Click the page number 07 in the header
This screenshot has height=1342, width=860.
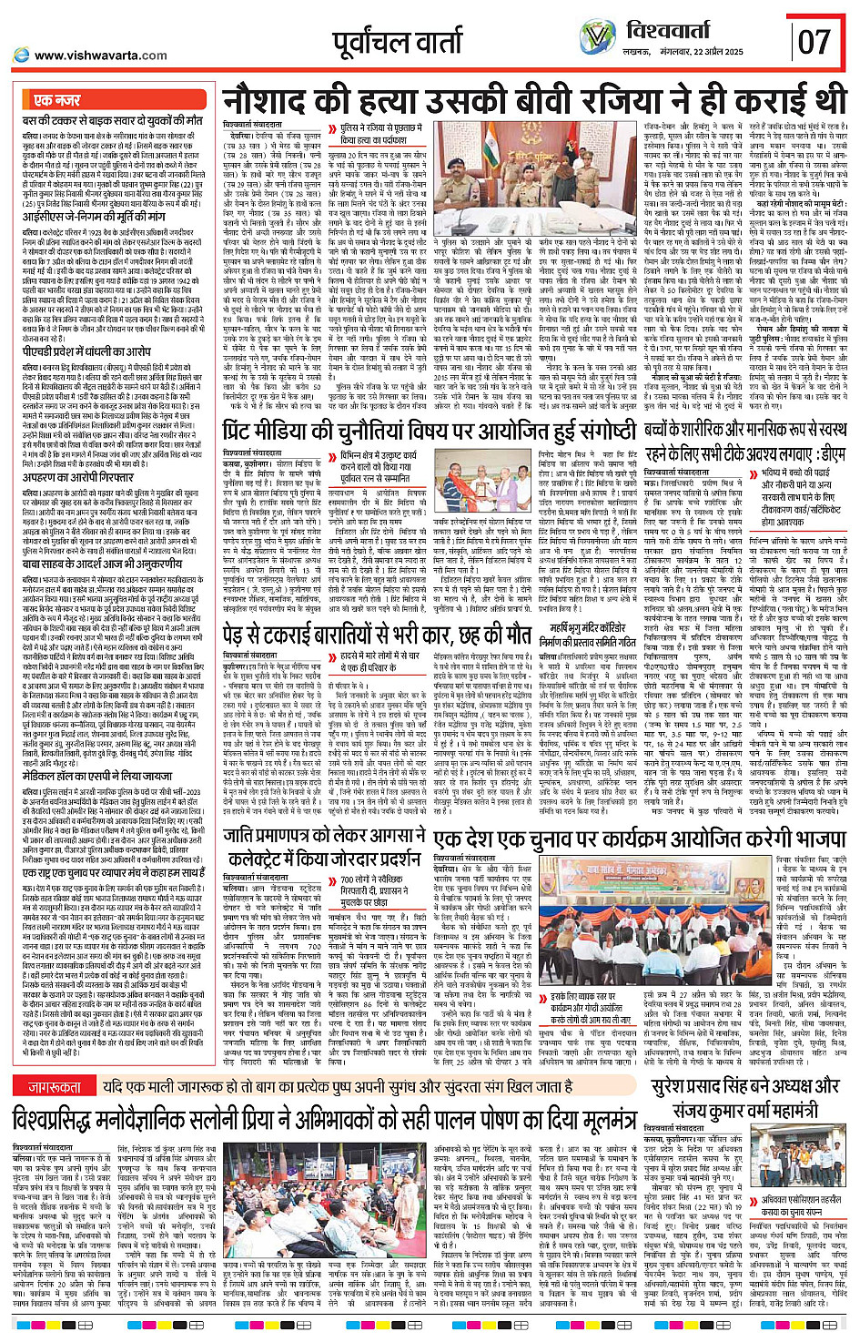814,41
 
